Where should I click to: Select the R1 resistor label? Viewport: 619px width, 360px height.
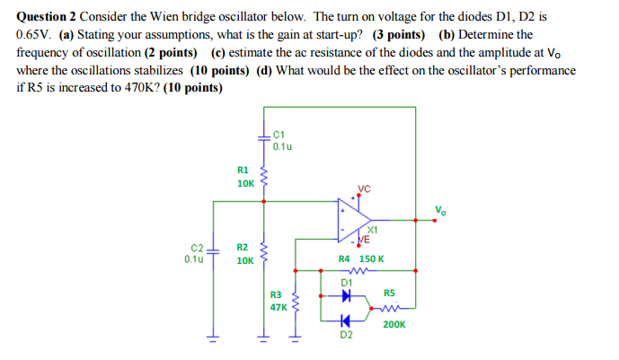tap(243, 169)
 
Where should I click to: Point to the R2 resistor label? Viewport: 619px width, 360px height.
tap(243, 247)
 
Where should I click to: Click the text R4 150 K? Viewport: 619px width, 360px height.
tap(361, 259)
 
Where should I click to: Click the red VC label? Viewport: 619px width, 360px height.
tap(363, 189)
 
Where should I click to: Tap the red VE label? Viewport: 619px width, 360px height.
tap(364, 239)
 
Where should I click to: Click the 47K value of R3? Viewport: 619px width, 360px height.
tap(278, 306)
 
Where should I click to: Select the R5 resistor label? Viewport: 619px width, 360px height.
tap(389, 293)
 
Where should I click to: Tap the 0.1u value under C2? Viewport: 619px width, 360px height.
tap(193, 259)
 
